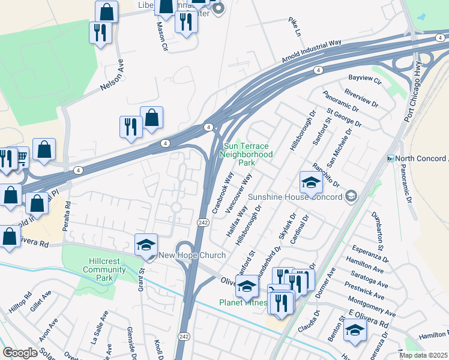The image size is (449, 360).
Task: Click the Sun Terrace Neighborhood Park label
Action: click(247, 154)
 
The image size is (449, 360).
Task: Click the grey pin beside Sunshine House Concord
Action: click(352, 197)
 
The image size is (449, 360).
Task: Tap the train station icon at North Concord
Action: click(391, 158)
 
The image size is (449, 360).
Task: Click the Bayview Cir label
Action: click(365, 79)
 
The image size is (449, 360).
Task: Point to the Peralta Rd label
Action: click(68, 212)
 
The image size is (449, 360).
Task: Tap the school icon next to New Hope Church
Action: click(146, 245)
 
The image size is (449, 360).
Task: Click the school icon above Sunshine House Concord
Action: click(311, 183)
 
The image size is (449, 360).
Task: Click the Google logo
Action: click(20, 353)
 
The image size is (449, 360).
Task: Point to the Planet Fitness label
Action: click(243, 302)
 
